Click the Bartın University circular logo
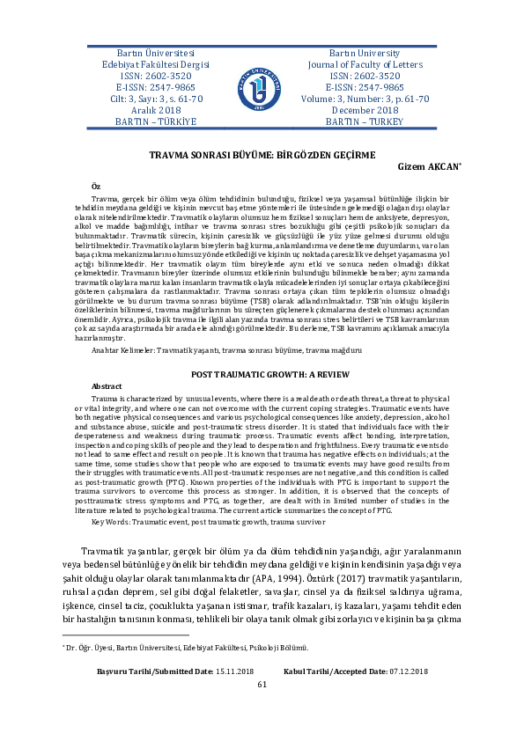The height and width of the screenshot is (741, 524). click(262, 88)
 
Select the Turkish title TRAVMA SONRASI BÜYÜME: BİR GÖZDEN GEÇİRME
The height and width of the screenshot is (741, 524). click(262, 153)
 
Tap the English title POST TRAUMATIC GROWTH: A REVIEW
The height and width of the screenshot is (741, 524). click(262, 374)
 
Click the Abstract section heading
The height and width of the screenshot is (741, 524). click(107, 386)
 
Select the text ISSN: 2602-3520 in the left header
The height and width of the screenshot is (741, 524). click(156, 76)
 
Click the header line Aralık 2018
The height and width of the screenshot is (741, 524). click(156, 109)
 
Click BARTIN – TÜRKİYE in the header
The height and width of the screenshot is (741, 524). click(156, 121)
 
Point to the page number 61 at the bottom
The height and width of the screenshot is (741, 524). click(262, 709)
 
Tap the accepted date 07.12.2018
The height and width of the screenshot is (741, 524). click(401, 697)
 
